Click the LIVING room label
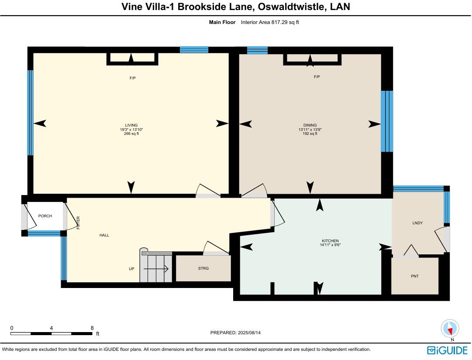[131, 125]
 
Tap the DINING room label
[310, 125]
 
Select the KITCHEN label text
[330, 241]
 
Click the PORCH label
[45, 216]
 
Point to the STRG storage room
[203, 268]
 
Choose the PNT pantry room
[414, 276]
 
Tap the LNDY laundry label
[417, 223]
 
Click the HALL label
[104, 235]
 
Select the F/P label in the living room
[132, 78]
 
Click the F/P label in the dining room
[317, 77]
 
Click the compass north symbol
[450, 329]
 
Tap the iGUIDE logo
[447, 350]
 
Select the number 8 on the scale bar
[92, 328]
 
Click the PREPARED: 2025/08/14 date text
[235, 333]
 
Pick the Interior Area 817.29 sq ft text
[270, 22]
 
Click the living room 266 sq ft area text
[131, 134]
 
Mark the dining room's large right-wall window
[386, 121]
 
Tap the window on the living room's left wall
[30, 113]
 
